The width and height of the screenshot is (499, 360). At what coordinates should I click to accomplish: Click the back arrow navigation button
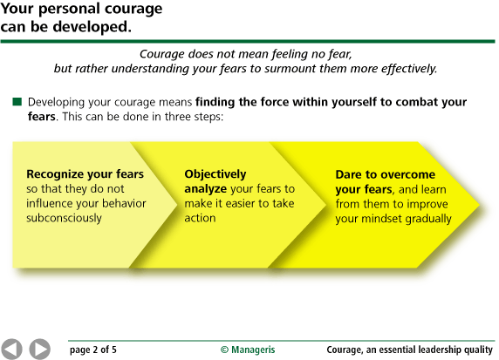click(12, 349)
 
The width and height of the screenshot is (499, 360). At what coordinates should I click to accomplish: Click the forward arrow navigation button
click(39, 349)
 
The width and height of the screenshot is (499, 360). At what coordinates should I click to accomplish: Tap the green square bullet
click(17, 102)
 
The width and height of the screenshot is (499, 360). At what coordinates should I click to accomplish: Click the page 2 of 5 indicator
click(93, 350)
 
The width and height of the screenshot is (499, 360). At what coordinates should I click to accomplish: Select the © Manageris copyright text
click(248, 350)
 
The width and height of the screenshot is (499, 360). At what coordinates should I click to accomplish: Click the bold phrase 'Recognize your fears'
click(85, 173)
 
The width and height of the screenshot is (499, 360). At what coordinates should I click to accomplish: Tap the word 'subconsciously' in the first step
click(65, 218)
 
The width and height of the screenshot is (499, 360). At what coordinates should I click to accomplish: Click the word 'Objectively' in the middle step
click(215, 173)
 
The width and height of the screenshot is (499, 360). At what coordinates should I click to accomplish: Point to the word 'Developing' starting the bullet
click(58, 102)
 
